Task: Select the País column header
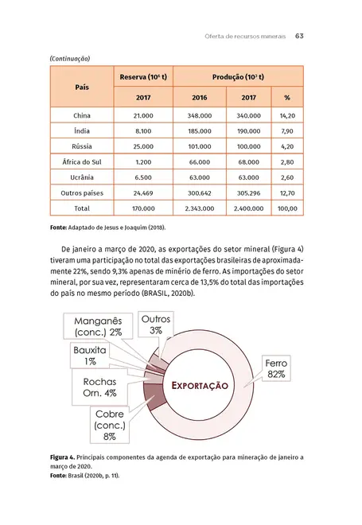[x=82, y=87]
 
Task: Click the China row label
[x=82, y=116]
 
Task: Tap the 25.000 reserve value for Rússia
[x=143, y=147]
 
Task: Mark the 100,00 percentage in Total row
[x=288, y=208]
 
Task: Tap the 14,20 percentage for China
[x=288, y=116]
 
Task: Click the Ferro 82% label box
[x=277, y=368]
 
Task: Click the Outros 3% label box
[x=155, y=325]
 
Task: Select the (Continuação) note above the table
[x=69, y=58]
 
